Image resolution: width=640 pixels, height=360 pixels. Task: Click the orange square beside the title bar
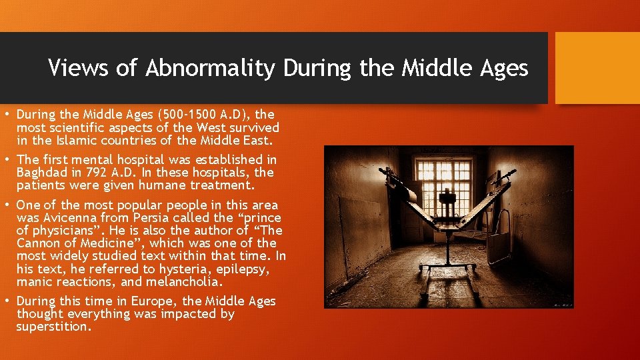click(597, 68)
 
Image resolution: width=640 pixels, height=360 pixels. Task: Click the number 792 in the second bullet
click(115, 173)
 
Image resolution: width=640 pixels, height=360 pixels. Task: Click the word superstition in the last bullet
click(53, 327)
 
